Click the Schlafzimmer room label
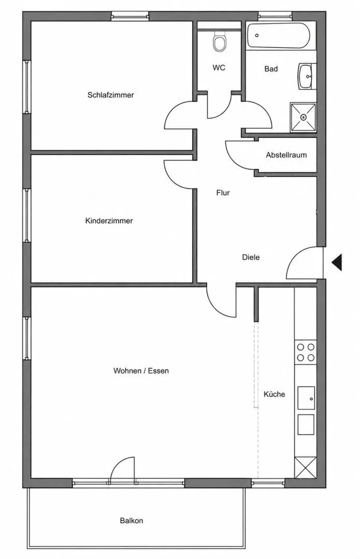[x=111, y=95]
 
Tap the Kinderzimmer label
[x=109, y=220]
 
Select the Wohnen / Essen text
[x=141, y=371]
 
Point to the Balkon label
[x=131, y=521]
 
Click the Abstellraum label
[x=286, y=155]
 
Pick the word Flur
[x=223, y=193]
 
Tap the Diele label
[x=251, y=257]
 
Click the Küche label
[x=275, y=394]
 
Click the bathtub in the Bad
[x=278, y=36]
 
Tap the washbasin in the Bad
[x=306, y=76]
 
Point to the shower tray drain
[x=304, y=117]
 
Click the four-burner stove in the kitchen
[x=306, y=352]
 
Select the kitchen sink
[x=306, y=398]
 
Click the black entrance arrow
[x=337, y=262]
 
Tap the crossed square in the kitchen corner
[x=306, y=467]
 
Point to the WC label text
[x=219, y=67]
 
